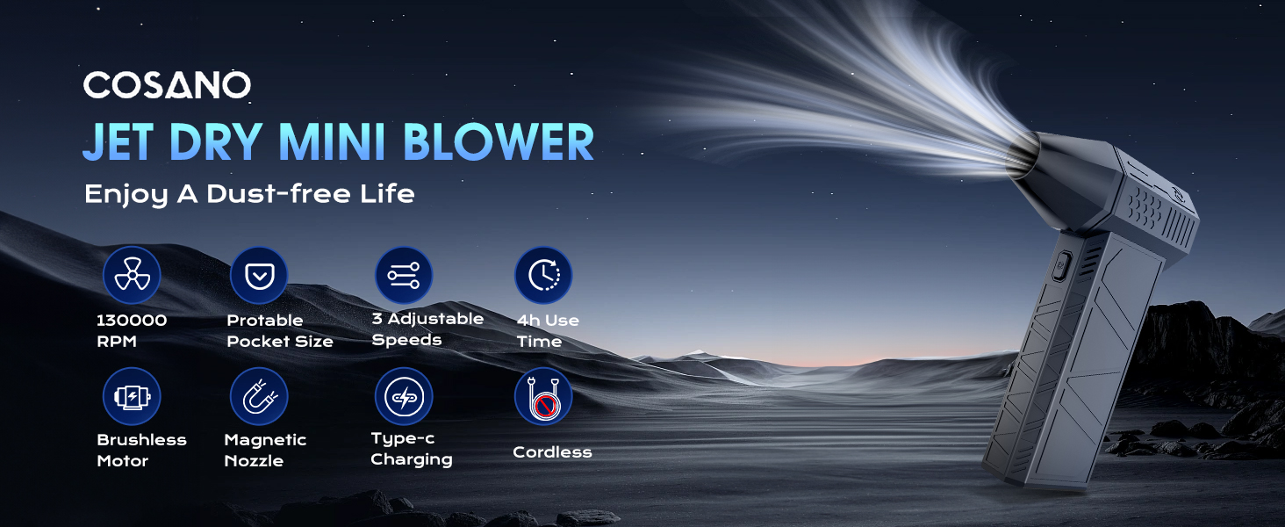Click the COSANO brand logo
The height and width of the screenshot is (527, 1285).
coord(167,85)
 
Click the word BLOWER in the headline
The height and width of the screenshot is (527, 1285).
coord(499,141)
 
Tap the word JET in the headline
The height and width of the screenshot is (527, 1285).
coord(118,141)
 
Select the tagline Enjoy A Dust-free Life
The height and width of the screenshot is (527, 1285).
coord(249,194)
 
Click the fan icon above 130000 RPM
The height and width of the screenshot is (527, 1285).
coord(132,275)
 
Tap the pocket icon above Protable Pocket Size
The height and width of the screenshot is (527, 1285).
coord(259,275)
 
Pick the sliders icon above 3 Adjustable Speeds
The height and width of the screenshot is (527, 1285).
coord(404,275)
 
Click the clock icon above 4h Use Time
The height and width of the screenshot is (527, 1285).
coord(543,275)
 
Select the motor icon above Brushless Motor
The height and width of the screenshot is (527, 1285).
coord(132,396)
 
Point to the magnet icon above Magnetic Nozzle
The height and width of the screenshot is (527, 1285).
coord(259,396)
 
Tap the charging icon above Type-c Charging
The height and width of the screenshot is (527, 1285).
coord(404,396)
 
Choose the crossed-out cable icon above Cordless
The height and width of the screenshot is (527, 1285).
coord(543,396)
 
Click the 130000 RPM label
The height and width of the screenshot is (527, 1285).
coord(132,330)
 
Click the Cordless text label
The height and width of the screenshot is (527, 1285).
coord(552,452)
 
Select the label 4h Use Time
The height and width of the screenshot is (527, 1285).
coord(548,330)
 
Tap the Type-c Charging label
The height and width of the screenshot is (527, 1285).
coord(412,449)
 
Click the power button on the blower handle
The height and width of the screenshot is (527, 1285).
coord(1062,266)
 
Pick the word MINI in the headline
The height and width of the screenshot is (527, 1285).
coord(332,141)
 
